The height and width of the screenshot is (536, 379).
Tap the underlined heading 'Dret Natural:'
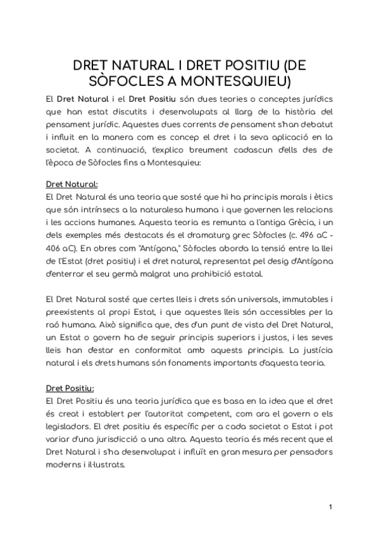(71, 185)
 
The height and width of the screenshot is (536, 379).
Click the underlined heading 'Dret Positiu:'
(70, 388)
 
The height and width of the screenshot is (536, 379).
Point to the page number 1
(330, 508)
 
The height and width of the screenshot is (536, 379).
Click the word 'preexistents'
(71, 312)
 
